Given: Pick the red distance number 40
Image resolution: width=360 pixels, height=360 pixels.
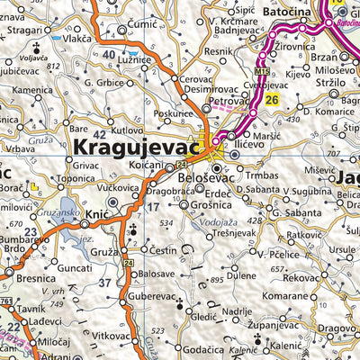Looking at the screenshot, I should tap(109, 56).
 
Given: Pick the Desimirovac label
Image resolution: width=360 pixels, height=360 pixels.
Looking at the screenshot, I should tap(209, 91).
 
